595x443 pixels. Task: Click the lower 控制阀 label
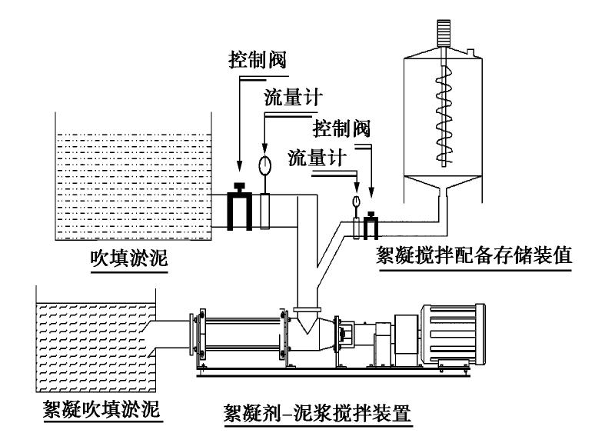(x=341, y=126)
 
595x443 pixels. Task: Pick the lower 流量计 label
(x=314, y=157)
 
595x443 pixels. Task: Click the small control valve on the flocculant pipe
(x=372, y=224)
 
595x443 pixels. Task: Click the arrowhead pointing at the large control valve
(x=238, y=166)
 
